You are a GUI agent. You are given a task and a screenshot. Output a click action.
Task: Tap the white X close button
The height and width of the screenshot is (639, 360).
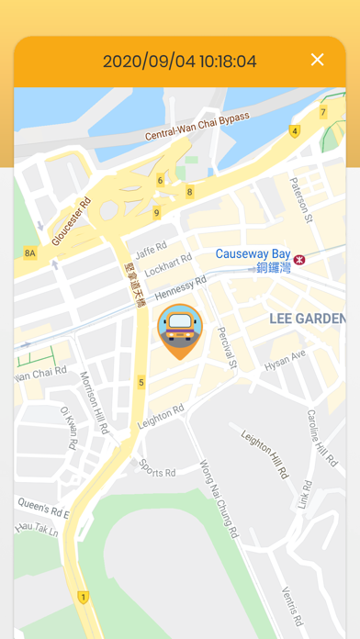(318, 61)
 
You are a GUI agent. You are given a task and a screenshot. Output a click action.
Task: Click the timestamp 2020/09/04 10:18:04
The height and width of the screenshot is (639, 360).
(179, 62)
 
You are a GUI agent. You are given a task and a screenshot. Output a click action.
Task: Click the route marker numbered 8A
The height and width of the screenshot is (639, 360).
(30, 252)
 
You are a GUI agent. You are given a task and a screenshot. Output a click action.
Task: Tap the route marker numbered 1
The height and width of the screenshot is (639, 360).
(84, 597)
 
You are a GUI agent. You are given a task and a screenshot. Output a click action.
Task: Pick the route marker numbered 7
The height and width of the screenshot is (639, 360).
(322, 112)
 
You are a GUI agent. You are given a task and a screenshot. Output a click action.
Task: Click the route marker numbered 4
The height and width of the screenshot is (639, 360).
(295, 131)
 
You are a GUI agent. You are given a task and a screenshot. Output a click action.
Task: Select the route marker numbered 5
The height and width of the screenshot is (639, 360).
(141, 382)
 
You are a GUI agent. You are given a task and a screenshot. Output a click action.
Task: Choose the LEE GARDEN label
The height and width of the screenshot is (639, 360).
(307, 318)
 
